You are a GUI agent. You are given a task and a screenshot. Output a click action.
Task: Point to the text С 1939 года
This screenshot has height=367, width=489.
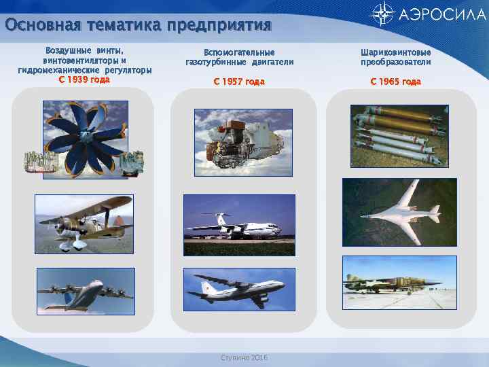click(x=85, y=79)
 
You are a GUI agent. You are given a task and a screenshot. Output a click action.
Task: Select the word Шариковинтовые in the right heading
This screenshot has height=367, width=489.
click(x=395, y=52)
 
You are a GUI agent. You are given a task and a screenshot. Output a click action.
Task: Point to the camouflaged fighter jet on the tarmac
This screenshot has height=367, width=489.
click(x=392, y=280)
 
